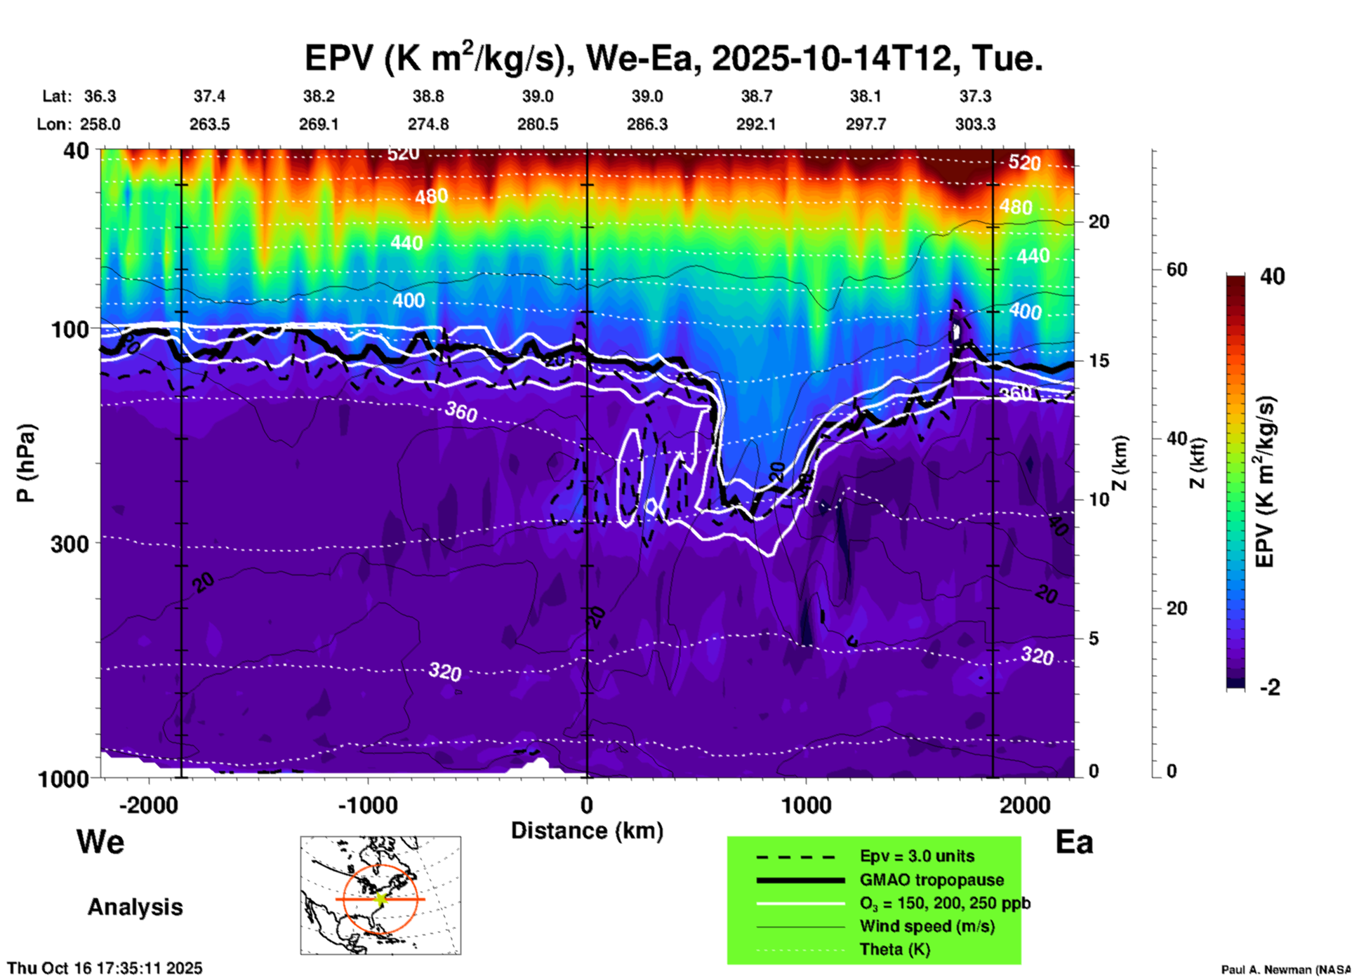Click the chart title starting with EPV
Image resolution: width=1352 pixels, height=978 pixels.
click(672, 58)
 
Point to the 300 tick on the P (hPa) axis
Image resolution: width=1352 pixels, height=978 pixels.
click(70, 544)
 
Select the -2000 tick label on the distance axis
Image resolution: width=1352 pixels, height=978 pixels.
click(148, 805)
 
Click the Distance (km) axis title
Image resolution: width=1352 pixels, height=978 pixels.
click(587, 831)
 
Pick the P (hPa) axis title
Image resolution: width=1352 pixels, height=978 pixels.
click(26, 463)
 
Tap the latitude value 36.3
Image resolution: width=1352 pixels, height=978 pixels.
click(100, 96)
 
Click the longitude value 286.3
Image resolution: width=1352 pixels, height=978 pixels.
click(647, 124)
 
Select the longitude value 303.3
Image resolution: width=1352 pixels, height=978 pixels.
click(974, 124)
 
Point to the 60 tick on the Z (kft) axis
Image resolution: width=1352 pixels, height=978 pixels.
click(1176, 269)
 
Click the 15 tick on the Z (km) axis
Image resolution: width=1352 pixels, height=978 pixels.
click(1099, 361)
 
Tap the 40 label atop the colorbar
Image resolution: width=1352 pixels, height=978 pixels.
click(1272, 276)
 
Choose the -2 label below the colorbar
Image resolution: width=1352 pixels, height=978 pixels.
click(1270, 688)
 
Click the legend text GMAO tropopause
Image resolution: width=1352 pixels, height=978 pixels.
click(932, 880)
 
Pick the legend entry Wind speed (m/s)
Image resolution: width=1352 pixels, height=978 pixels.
click(927, 926)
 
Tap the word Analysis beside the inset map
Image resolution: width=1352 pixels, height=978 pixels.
click(135, 907)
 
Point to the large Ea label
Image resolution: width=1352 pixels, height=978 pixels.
click(1074, 842)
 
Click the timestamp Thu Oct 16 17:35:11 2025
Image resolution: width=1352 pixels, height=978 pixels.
click(105, 968)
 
